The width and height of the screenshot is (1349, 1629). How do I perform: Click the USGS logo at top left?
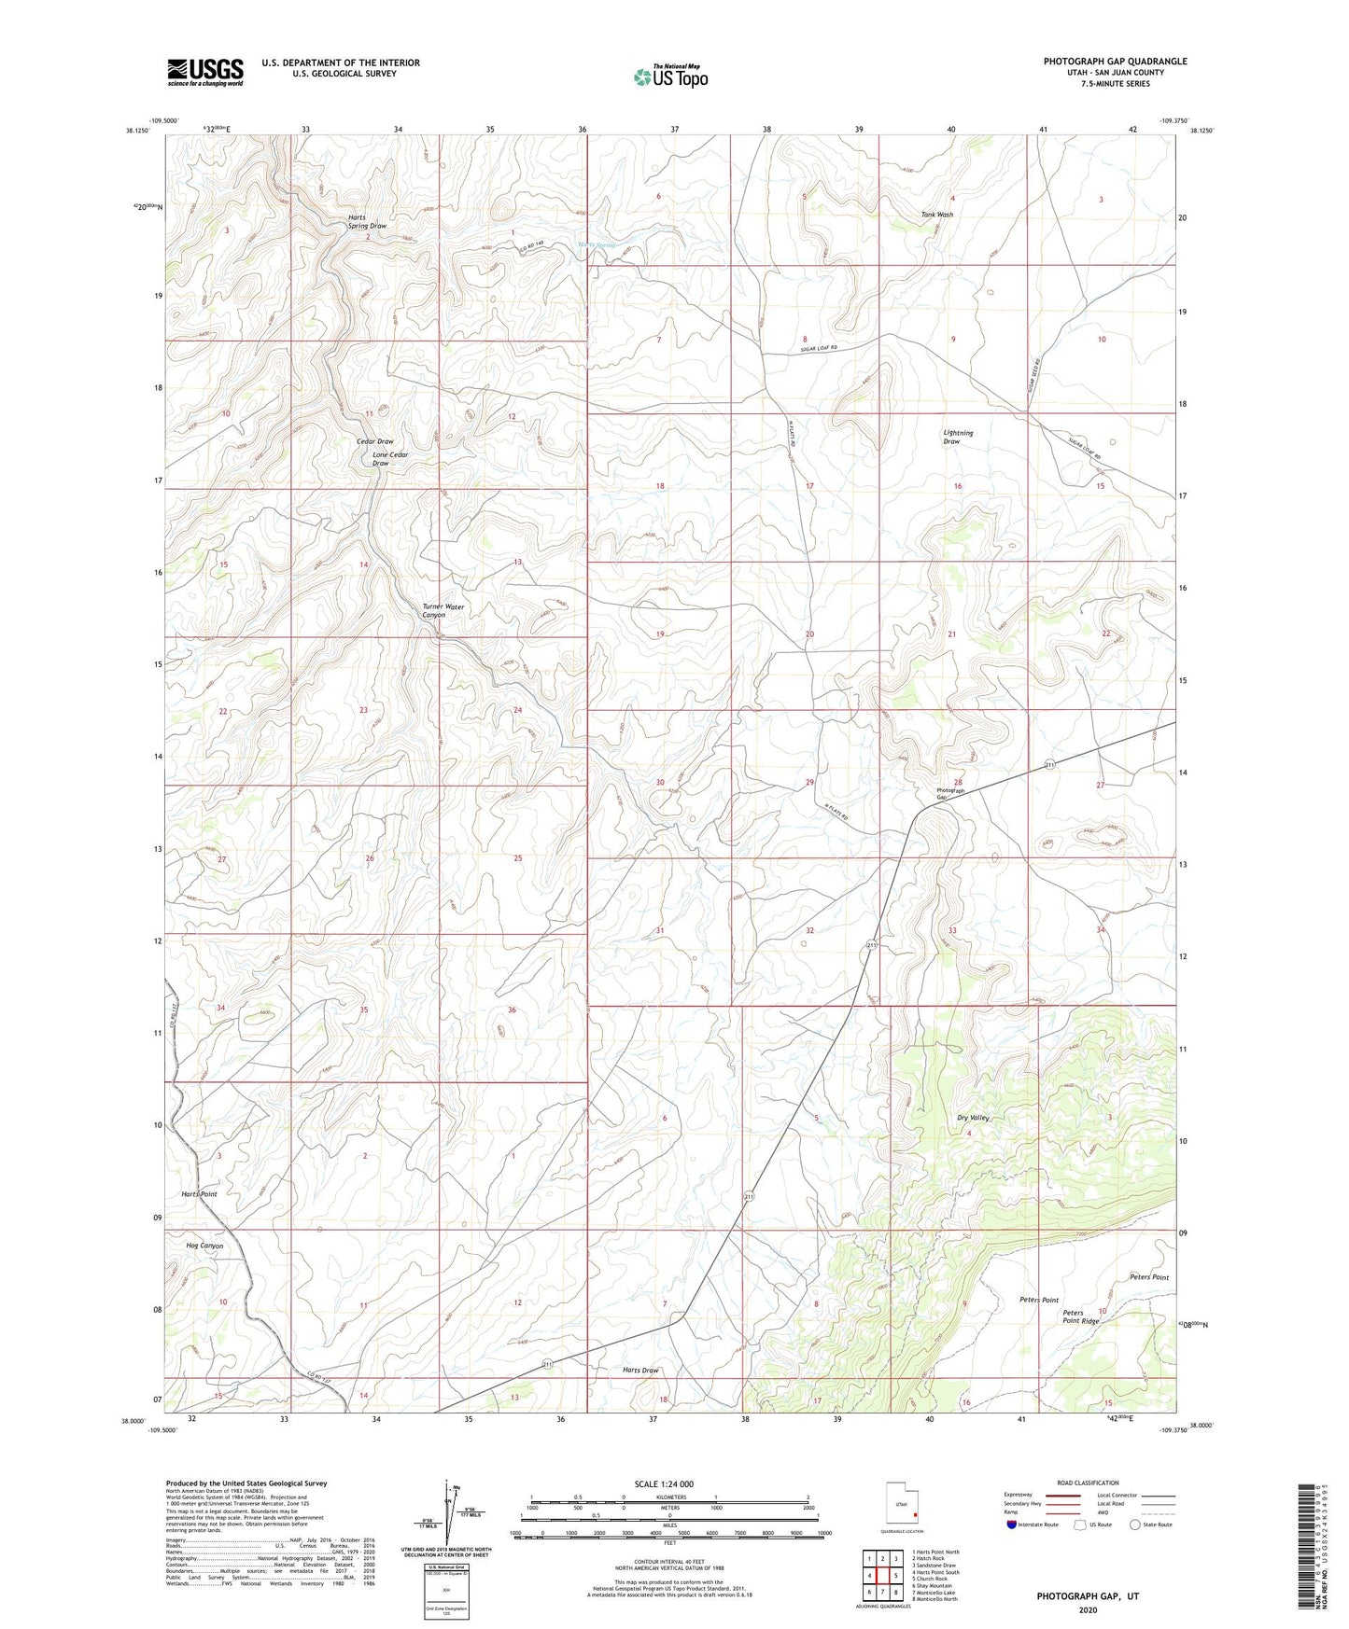click(205, 72)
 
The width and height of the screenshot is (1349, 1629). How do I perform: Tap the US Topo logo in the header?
click(670, 77)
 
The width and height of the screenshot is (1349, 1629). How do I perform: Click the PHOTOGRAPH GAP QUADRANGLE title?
click(1115, 62)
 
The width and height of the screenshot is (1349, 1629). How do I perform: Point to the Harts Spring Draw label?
click(367, 221)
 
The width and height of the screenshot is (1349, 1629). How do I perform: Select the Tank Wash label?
click(936, 215)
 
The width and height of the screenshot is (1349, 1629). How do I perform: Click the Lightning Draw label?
click(958, 437)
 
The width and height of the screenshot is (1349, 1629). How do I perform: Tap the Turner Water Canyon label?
click(443, 611)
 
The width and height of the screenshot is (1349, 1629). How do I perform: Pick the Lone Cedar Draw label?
click(389, 459)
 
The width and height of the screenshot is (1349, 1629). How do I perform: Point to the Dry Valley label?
click(973, 1118)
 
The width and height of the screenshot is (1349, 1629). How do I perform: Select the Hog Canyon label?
click(204, 1246)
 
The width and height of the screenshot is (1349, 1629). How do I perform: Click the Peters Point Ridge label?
click(1081, 1317)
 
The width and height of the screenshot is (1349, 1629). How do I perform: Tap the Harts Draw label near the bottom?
click(640, 1370)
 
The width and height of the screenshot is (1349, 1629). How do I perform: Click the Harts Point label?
click(198, 1194)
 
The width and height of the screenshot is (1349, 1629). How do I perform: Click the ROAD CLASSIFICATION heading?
click(1088, 1483)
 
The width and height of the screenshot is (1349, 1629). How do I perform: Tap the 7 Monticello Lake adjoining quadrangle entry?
click(934, 1592)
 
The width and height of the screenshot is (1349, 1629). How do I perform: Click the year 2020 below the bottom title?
click(1088, 1609)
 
